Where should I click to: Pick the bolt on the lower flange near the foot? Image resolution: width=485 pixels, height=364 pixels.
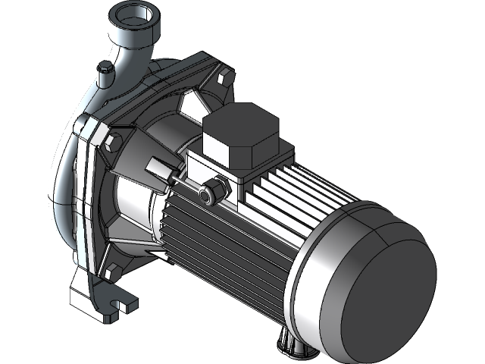(x=114, y=271)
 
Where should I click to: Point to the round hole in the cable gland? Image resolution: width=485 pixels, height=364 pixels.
(x=205, y=196)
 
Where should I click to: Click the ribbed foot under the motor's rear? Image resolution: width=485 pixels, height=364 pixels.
(x=296, y=345)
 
